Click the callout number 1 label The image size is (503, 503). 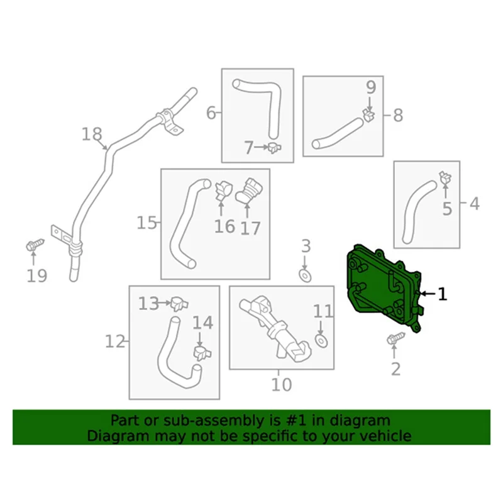443,294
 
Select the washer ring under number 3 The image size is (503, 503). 306,275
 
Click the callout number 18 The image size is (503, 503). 91,134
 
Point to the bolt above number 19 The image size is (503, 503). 35,243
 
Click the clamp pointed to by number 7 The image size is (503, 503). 274,148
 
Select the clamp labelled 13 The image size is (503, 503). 179,304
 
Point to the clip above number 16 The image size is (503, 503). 223,189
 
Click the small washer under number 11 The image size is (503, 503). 321,340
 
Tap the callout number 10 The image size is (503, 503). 282,383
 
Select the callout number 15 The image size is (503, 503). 147,223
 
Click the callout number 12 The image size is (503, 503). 115,341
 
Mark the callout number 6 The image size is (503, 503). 211,113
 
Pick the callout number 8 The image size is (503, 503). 398,115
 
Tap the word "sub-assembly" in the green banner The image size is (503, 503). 191,420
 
